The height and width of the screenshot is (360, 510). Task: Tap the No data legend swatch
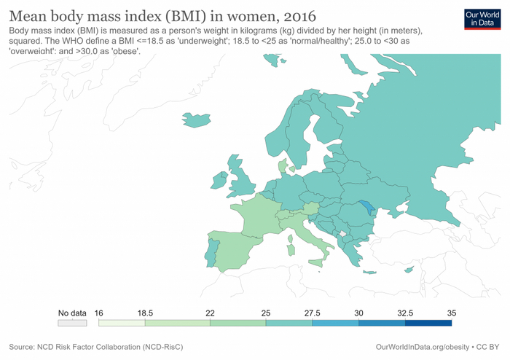[x=72, y=322]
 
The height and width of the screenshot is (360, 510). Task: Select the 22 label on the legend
[x=210, y=313]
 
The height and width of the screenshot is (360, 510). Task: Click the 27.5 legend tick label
[x=313, y=313]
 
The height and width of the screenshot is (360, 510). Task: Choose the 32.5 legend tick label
[x=405, y=313]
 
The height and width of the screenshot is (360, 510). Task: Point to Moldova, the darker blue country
[x=369, y=208]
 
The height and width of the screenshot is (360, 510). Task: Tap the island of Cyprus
[x=409, y=270]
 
